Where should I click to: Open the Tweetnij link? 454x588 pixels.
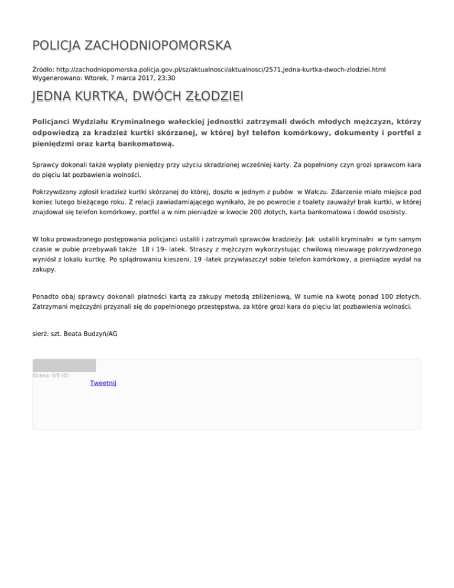pos(103,383)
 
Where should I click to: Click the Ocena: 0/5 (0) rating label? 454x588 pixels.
pos(50,375)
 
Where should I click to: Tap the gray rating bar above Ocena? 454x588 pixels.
pos(64,366)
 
